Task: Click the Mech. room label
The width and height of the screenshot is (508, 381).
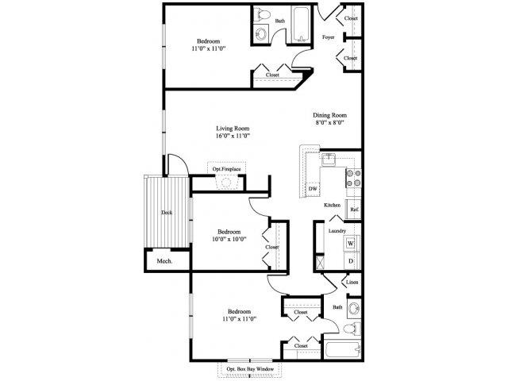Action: click(x=164, y=261)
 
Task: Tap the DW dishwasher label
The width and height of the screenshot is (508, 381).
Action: click(x=313, y=188)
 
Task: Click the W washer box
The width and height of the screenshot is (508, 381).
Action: click(x=350, y=242)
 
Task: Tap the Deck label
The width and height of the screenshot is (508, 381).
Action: click(x=166, y=213)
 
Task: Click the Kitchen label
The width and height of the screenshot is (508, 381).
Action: click(x=332, y=206)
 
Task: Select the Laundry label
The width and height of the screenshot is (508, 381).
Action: click(x=336, y=230)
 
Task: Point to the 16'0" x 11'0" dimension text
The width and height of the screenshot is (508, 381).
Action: click(x=232, y=137)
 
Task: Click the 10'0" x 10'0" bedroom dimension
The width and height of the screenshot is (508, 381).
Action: click(x=229, y=239)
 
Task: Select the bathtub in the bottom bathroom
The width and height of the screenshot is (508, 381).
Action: click(x=342, y=349)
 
